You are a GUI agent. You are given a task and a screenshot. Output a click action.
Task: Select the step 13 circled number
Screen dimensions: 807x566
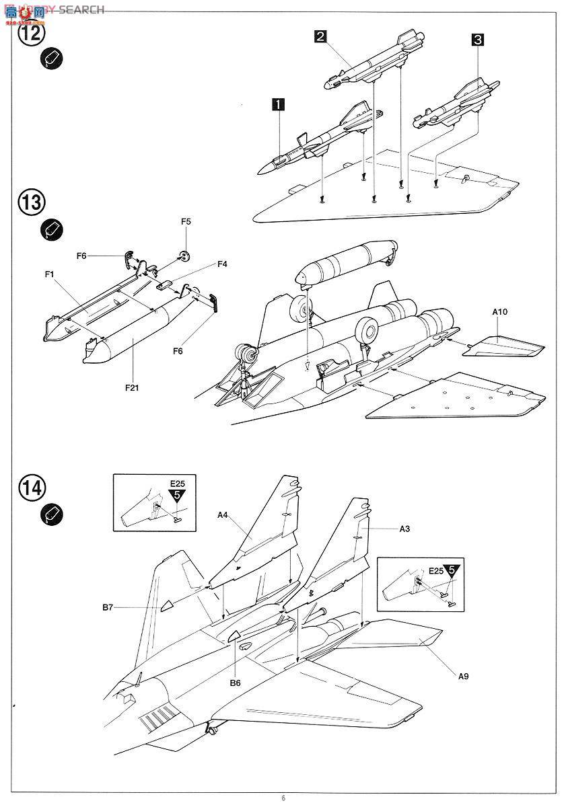[32, 202]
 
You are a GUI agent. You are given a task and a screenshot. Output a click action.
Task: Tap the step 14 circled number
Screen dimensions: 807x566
[32, 487]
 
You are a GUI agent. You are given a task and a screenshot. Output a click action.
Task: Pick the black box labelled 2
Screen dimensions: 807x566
[320, 36]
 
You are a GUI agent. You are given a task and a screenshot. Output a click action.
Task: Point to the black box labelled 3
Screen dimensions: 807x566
[477, 40]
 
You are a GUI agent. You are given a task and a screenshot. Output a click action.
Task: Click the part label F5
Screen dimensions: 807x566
[186, 240]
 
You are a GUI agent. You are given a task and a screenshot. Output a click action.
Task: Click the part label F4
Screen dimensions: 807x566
[222, 264]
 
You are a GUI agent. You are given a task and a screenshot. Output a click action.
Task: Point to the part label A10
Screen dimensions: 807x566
[501, 312]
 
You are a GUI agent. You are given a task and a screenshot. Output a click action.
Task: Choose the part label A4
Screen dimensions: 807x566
[223, 515]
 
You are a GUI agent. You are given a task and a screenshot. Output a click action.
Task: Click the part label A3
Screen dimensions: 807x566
[404, 529]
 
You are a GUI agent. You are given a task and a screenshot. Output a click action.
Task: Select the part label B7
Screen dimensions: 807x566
[108, 607]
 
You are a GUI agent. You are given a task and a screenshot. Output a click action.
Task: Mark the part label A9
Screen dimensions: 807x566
[463, 677]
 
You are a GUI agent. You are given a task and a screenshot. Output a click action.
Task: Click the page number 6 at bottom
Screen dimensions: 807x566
[283, 798]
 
